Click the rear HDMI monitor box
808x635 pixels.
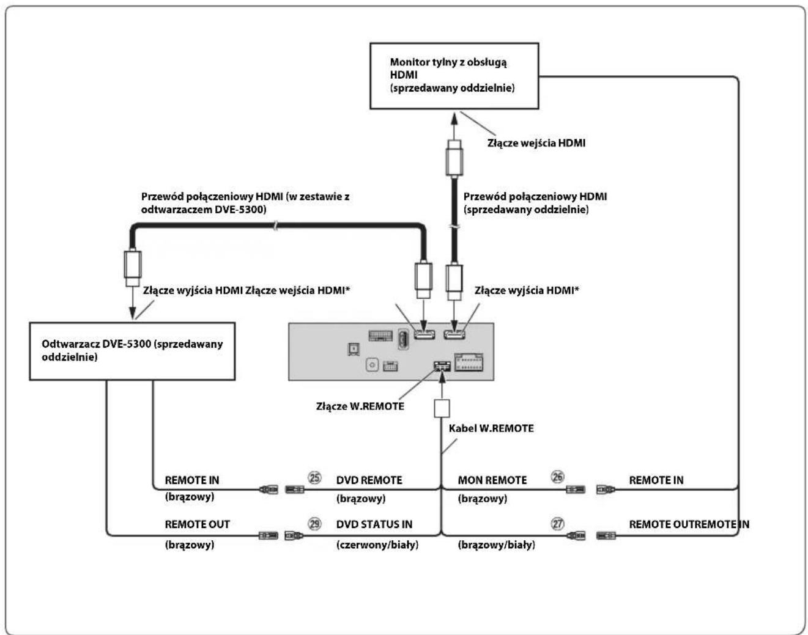(454, 76)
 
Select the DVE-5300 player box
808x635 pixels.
(132, 351)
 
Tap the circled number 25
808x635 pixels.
(314, 478)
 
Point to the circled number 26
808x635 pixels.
(558, 477)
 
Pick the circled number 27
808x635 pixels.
(558, 524)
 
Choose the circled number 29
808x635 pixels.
(314, 524)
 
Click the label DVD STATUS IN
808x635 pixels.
(374, 524)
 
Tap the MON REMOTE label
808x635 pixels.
(492, 480)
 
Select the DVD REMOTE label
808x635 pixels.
(369, 480)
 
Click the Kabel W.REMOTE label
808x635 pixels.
(491, 428)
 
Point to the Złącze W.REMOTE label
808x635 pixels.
(360, 406)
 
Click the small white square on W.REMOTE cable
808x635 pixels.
(442, 408)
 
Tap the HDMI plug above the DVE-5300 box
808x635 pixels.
(133, 268)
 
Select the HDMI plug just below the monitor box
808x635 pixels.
(454, 158)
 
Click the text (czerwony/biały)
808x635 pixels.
(377, 545)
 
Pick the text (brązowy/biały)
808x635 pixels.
(497, 545)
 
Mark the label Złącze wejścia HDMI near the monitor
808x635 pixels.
(536, 143)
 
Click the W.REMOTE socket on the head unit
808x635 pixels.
(442, 366)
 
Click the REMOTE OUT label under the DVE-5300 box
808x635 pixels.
(197, 524)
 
